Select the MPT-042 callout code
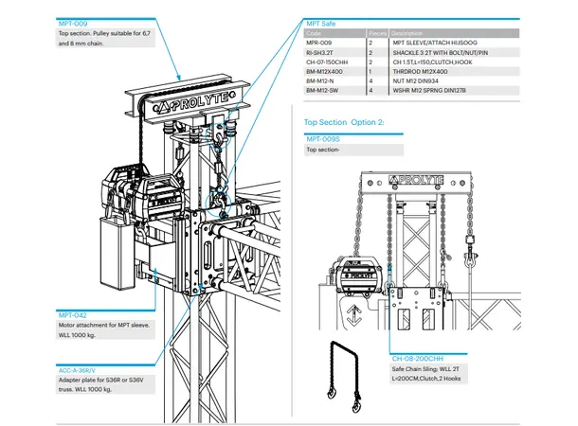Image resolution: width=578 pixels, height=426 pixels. pyautogui.click(x=71, y=315)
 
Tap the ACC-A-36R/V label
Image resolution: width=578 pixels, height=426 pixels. pyautogui.click(x=77, y=369)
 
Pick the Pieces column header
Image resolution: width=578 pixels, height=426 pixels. pyautogui.click(x=376, y=32)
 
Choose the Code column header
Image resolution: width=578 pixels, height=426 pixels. pyautogui.click(x=313, y=32)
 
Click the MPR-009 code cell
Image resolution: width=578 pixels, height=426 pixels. pyautogui.click(x=318, y=43)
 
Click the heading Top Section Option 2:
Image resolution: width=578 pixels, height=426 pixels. pyautogui.click(x=344, y=122)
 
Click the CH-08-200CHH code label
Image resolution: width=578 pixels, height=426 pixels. pyautogui.click(x=418, y=360)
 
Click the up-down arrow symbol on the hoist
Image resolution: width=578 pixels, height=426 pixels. pyautogui.click(x=353, y=314)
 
